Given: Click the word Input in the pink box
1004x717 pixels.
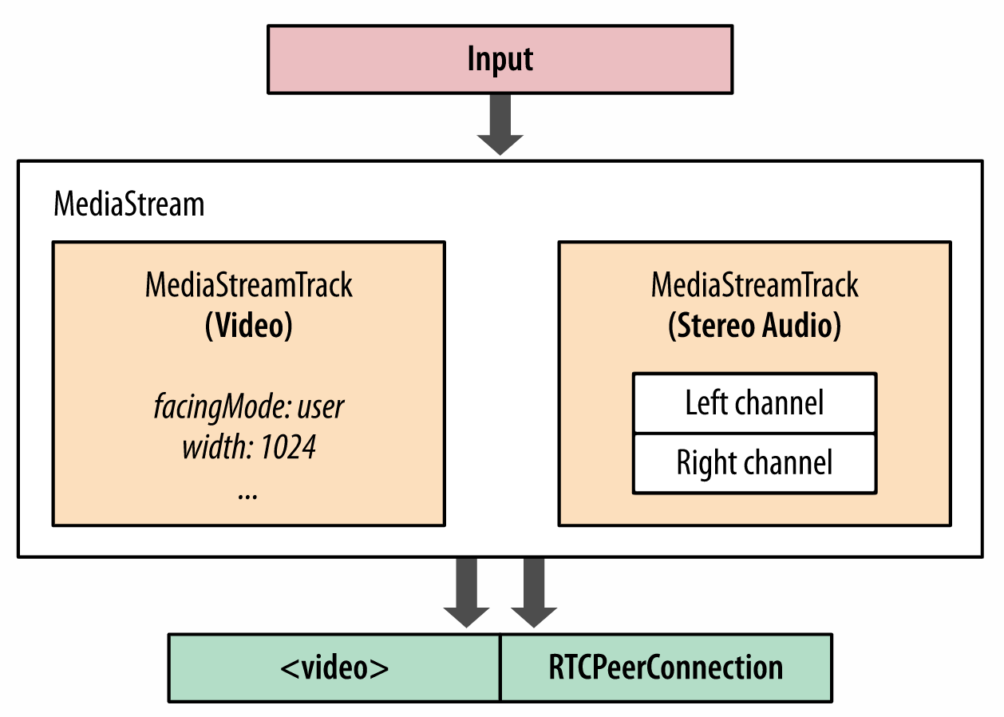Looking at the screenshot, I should pyautogui.click(x=500, y=60).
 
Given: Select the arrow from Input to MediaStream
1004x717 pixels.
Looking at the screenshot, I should pyautogui.click(x=500, y=125).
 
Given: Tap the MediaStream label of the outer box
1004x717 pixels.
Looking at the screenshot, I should pyautogui.click(x=128, y=204).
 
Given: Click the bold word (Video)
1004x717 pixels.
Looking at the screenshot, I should pyautogui.click(x=249, y=326).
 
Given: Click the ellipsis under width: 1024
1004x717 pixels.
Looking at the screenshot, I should pyautogui.click(x=248, y=493).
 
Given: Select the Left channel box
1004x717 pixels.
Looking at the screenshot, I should pyautogui.click(x=754, y=403).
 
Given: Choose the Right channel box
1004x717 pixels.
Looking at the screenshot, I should pyautogui.click(x=754, y=463).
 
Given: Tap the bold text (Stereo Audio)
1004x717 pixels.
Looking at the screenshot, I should pyautogui.click(x=754, y=326).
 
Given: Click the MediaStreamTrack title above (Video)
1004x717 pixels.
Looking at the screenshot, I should pyautogui.click(x=249, y=285).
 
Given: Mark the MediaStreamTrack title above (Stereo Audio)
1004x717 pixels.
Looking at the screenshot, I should pyautogui.click(x=754, y=285).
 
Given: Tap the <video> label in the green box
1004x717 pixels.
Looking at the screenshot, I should pyautogui.click(x=334, y=667).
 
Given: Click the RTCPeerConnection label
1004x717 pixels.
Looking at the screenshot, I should pyautogui.click(x=666, y=667).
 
